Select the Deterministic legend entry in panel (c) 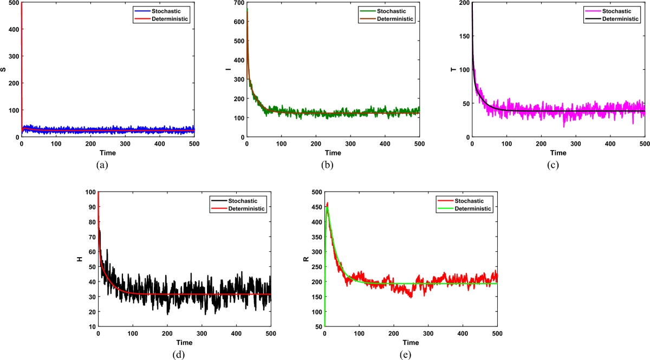click(622, 18)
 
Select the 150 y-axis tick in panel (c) click(465, 36)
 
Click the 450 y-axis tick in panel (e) click(315, 207)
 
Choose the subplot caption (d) click(184, 356)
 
